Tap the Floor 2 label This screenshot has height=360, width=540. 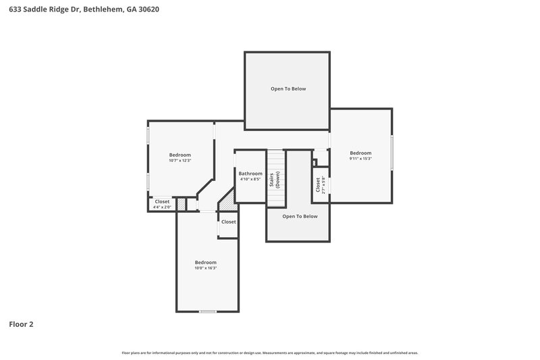tap(20, 324)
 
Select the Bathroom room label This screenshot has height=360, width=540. tap(250, 174)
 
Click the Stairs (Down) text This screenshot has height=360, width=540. tap(275, 179)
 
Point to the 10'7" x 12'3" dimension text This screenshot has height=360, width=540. tap(180, 161)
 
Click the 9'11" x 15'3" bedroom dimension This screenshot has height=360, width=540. tap(360, 159)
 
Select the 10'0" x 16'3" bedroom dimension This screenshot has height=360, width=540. tap(206, 268)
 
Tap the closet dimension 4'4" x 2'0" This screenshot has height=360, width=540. tap(163, 207)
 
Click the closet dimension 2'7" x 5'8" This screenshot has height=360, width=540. tap(325, 186)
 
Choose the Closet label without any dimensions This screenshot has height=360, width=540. tap(228, 222)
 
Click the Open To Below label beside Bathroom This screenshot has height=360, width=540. tap(300, 216)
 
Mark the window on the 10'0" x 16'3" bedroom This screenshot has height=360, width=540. tap(207, 311)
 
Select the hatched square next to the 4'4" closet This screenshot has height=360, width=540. tap(181, 203)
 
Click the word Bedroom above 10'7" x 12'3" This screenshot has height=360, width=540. tap(180, 155)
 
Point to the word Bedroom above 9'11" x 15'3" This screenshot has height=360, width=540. tap(360, 153)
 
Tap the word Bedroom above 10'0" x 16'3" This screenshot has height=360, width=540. tap(206, 262)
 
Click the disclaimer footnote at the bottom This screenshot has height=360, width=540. tap(270, 353)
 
